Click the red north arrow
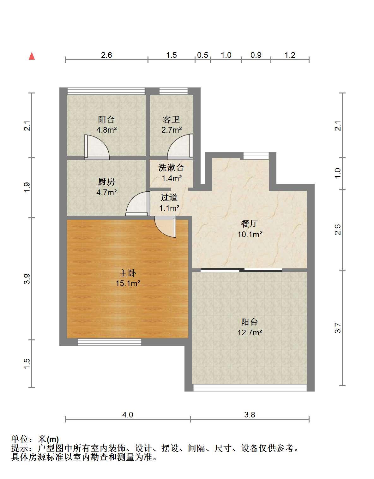click(32, 56)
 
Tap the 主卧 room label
click(128, 273)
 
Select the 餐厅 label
click(250, 224)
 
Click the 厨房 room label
click(106, 182)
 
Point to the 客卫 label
click(171, 120)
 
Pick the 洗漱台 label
click(171, 168)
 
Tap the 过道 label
click(169, 198)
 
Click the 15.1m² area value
click(128, 283)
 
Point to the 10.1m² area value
click(250, 234)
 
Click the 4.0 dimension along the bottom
click(128, 415)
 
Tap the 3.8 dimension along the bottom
click(250, 415)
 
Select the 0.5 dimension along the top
click(202, 55)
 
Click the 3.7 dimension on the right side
click(338, 328)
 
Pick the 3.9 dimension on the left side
click(27, 279)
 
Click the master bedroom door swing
click(166, 227)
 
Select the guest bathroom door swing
click(180, 147)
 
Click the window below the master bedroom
click(109, 342)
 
